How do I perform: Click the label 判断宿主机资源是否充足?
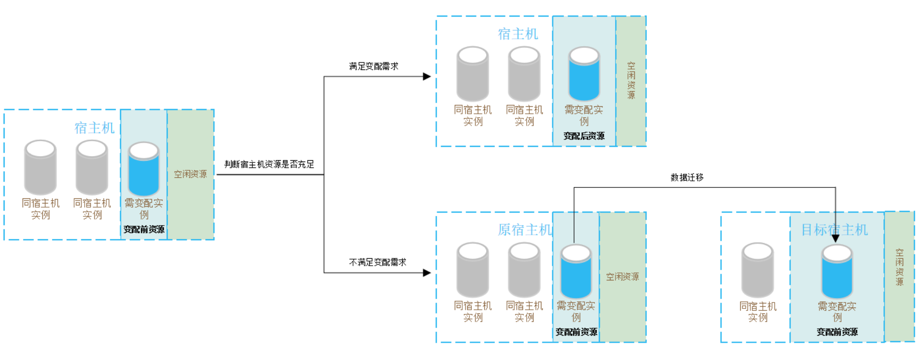269,164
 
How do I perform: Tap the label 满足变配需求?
374,66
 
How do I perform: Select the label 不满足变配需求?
377,262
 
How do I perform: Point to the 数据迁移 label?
687,177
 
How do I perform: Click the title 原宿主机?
524,230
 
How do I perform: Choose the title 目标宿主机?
834,230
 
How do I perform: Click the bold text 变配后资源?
584,136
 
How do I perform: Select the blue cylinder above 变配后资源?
584,75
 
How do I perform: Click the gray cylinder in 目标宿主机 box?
758,271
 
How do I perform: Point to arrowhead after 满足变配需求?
427,76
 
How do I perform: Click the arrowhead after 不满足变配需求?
427,273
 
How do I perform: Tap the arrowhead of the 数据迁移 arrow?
836,239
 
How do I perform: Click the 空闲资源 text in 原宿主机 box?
622,277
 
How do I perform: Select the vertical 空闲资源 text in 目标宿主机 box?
900,267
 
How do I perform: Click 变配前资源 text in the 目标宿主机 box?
837,332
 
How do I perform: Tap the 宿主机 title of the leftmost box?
94,128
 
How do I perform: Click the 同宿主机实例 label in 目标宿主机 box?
758,312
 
